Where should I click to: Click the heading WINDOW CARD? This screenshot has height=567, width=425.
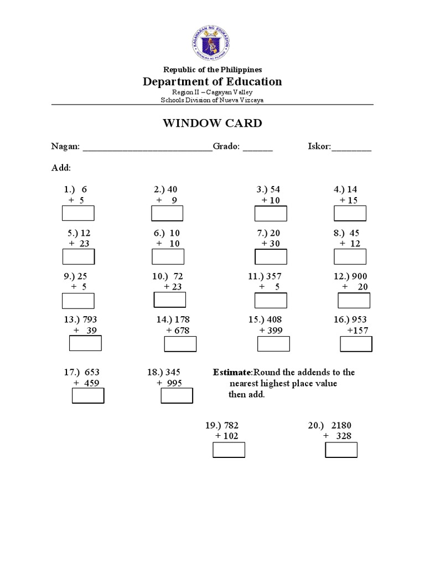(x=212, y=123)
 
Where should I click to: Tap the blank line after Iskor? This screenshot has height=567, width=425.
(x=351, y=148)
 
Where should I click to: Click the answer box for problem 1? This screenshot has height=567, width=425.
(x=79, y=213)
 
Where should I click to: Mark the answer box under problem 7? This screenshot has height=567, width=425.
(x=271, y=257)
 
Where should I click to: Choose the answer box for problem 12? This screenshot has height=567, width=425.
(x=354, y=300)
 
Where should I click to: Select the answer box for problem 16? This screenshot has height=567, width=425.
(x=356, y=344)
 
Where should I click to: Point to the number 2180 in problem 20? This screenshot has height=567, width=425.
(x=341, y=425)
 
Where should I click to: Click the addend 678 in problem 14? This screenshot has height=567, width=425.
(x=182, y=331)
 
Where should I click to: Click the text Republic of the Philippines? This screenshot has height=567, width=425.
(x=212, y=70)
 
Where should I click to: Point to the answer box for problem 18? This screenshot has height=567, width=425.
(x=177, y=395)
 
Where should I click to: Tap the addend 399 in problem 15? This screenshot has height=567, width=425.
(x=274, y=331)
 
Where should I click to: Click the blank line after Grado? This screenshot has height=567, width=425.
(x=258, y=148)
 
